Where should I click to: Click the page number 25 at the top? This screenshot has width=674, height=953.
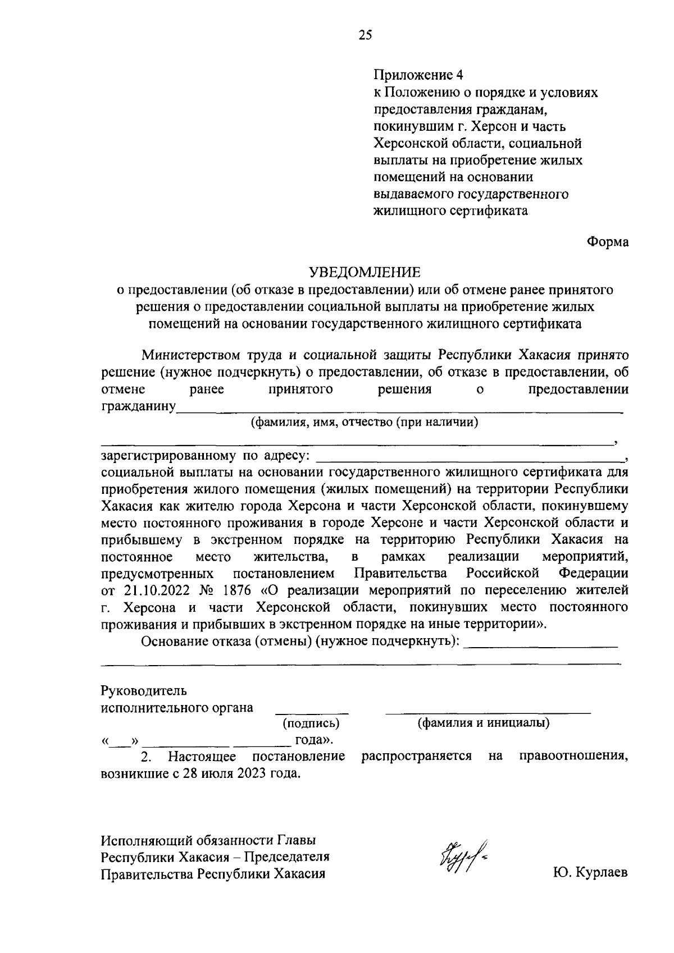point(365,35)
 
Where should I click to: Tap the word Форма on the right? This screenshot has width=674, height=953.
point(608,242)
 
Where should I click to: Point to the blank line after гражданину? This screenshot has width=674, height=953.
point(399,411)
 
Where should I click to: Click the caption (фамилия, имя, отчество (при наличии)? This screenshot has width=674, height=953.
point(365,422)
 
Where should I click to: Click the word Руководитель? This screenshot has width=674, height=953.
point(143,690)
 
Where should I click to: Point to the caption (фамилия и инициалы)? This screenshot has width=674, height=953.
point(483,723)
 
